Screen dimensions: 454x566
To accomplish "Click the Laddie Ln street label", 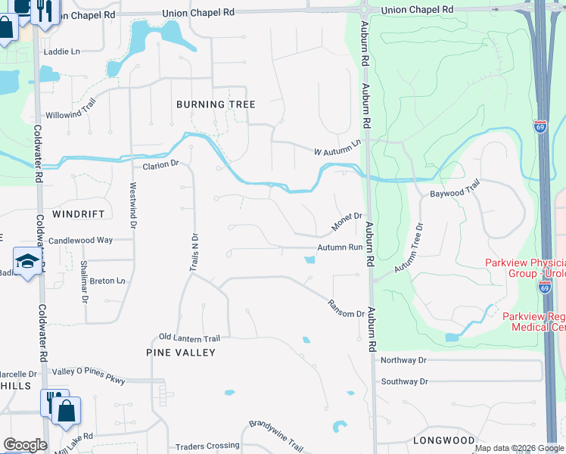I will [x=65, y=51].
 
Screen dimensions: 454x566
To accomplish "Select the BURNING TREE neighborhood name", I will [x=216, y=104].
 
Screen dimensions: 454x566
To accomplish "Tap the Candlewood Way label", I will [x=80, y=240].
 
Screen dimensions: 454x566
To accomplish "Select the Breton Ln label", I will [x=107, y=281].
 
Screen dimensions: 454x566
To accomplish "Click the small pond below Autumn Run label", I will [x=309, y=261].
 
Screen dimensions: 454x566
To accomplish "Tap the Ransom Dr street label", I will [x=347, y=308].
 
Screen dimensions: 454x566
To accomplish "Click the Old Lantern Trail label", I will [x=189, y=337].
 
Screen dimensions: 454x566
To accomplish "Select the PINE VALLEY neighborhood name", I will [x=181, y=353].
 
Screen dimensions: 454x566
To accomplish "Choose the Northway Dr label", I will [x=405, y=360].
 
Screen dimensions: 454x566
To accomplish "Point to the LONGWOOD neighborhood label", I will [x=444, y=440].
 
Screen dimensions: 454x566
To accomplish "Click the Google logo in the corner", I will [x=25, y=445].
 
